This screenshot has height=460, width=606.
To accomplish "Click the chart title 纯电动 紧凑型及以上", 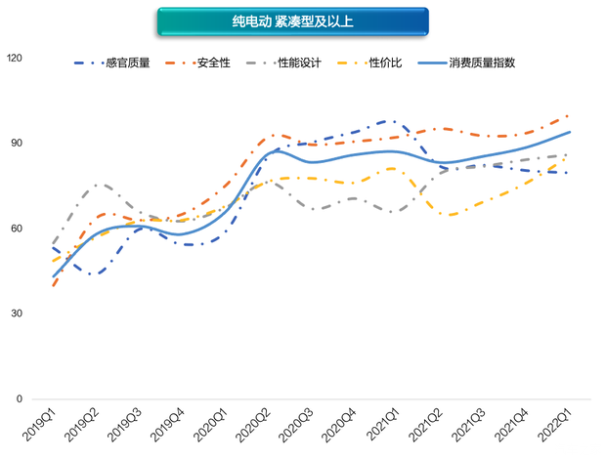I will tap(292, 21).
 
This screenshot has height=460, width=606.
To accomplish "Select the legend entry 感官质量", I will tap(133, 63).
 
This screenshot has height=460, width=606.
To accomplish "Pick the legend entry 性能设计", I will tap(298, 63).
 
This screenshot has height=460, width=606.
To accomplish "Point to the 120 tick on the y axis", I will tap(14, 59).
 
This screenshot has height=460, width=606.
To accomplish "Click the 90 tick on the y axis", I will tap(17, 144).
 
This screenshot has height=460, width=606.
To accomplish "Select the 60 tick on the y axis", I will tap(17, 229).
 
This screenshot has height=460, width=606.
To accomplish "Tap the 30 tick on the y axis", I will tap(17, 314).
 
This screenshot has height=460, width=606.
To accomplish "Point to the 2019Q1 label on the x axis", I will tap(41, 426).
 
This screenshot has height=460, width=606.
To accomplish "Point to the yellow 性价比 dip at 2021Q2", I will tap(452, 215).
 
